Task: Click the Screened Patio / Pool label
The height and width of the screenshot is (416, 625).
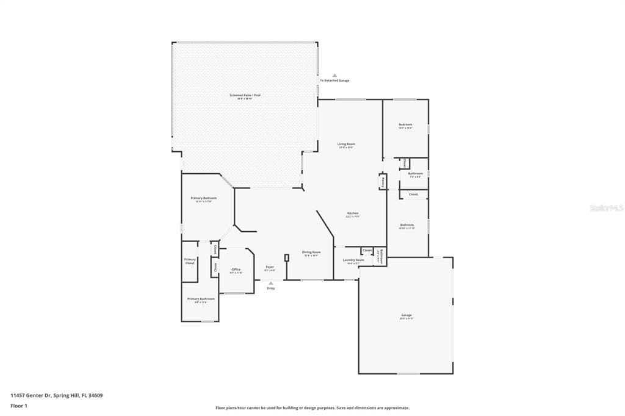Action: click(245, 96)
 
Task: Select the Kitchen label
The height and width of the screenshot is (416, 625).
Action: click(352, 214)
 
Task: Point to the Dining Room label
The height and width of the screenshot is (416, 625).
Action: click(311, 253)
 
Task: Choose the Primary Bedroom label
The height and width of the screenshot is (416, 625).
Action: click(203, 199)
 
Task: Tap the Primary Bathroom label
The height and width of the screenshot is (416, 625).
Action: click(201, 299)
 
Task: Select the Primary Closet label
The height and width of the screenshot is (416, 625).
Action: click(190, 261)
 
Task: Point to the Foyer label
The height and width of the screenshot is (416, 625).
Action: click(269, 268)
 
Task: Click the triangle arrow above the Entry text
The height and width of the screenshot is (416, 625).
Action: click(271, 283)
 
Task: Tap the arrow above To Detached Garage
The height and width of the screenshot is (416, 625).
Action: click(334, 75)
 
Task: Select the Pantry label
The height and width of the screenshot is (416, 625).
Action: click(383, 181)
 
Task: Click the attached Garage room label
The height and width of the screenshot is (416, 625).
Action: click(406, 316)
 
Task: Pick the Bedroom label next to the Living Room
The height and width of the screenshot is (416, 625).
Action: click(405, 126)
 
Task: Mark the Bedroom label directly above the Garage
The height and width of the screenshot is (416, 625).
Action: click(406, 226)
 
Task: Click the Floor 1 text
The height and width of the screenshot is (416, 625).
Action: click(19, 405)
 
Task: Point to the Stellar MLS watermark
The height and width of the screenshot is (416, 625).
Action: click(606, 208)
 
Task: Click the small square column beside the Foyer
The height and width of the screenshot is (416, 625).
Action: click(286, 257)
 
